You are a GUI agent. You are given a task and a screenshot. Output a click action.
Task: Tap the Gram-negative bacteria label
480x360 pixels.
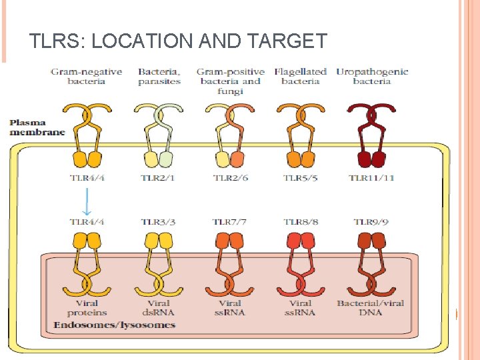point(87,77)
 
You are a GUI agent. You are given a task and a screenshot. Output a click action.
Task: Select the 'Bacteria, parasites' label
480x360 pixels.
point(159,77)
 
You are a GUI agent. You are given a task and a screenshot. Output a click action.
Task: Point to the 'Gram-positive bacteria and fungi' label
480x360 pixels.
point(230,81)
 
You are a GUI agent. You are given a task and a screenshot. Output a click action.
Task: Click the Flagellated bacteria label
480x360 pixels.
point(300,77)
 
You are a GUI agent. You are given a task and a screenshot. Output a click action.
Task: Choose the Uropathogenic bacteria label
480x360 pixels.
point(372,77)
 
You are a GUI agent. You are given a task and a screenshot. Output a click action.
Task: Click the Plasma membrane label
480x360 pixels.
point(37,127)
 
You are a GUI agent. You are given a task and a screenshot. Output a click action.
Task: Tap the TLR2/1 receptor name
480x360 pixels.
point(158,178)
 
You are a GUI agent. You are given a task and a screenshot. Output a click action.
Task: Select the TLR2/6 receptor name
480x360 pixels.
point(230,178)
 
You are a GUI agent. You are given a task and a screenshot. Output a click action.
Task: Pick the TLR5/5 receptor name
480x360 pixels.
point(301,178)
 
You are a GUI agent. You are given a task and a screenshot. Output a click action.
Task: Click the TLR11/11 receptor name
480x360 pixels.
point(371,178)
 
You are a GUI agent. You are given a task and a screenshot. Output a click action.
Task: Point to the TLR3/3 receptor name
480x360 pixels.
point(158,221)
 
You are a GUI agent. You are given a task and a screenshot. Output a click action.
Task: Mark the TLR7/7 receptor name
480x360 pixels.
point(230,221)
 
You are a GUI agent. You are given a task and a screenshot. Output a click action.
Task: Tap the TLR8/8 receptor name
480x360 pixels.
point(301,221)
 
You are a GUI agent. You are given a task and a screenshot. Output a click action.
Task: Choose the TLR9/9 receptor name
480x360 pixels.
point(371,221)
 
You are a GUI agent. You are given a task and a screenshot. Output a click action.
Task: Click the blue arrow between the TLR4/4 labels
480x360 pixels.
point(87,199)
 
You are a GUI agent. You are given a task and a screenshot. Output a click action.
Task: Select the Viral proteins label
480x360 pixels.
point(87,307)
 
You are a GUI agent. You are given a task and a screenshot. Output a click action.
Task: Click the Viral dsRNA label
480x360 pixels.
point(158,307)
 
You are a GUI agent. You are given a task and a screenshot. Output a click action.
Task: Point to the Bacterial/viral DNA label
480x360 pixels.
point(371,307)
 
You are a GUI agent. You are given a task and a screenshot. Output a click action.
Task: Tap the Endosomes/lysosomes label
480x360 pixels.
point(114,325)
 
